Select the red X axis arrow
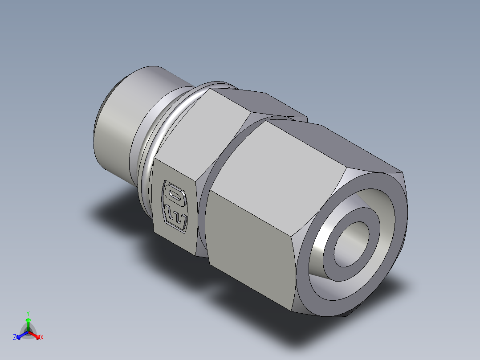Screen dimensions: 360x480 (36, 335)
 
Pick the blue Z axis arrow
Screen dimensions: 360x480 (20, 335)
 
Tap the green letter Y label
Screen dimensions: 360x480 (28, 313)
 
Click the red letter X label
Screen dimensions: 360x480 (42, 338)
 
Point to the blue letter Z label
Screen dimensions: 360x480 (15, 338)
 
